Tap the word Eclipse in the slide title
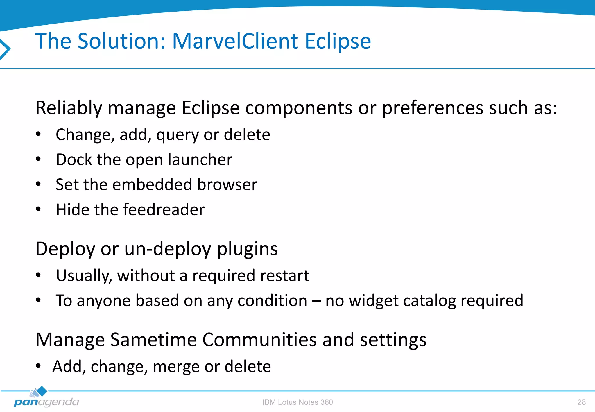click(338, 41)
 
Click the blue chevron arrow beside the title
click(5, 49)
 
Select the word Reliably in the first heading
click(69, 108)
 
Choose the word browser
click(227, 184)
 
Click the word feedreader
click(164, 209)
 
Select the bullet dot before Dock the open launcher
click(38, 159)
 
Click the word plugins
click(247, 249)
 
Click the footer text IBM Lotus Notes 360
click(297, 402)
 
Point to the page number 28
click(581, 402)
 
